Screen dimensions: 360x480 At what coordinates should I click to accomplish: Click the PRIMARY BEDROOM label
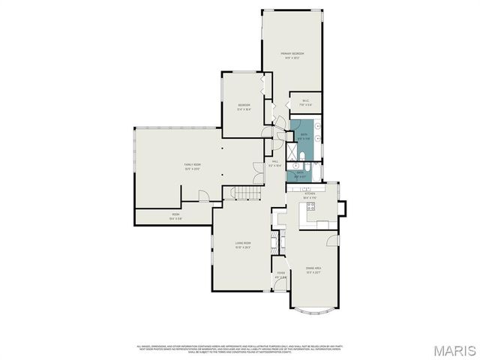[x=292, y=54]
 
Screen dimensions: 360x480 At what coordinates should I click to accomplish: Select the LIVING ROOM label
[x=242, y=243]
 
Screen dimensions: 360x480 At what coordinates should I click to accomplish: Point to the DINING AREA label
[x=313, y=268]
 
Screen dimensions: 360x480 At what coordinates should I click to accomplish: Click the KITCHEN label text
[x=310, y=195]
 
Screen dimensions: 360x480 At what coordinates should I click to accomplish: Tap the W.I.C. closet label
[x=305, y=103]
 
